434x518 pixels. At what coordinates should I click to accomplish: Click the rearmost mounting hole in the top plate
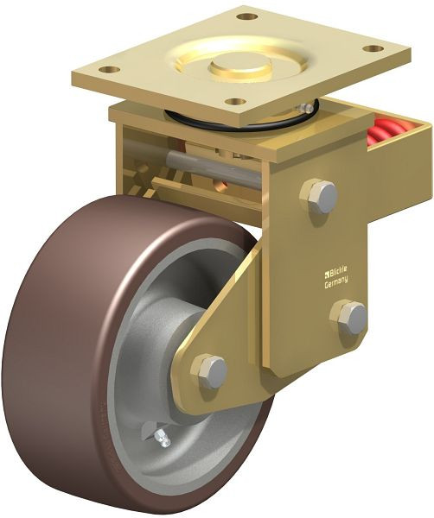(x=247, y=16)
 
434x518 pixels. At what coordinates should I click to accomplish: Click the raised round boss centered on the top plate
(x=239, y=62)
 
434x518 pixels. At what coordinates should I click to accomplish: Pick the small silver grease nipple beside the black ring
(x=305, y=107)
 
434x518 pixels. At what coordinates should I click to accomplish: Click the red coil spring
(x=386, y=135)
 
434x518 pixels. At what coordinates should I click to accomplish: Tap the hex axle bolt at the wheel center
(x=209, y=371)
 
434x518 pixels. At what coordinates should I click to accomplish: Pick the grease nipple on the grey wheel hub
(x=160, y=439)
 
